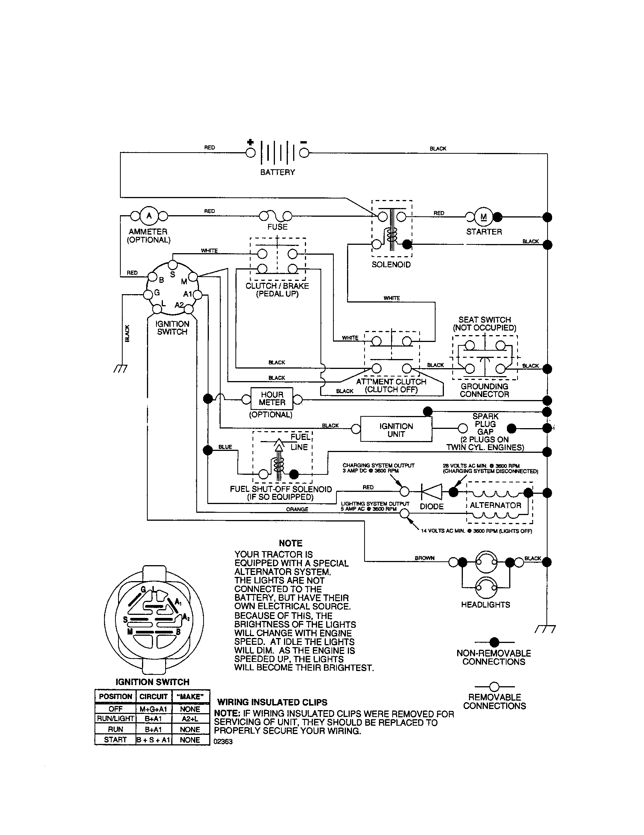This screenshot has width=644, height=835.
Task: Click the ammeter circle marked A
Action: [x=149, y=216]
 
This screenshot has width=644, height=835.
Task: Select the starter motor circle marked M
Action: [x=483, y=217]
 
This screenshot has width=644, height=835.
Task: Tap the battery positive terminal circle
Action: [x=250, y=153]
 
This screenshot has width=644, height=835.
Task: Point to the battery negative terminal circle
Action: [x=304, y=153]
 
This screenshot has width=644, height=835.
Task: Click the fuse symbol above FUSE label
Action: [x=275, y=217]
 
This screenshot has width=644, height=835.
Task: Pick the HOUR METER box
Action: [x=272, y=399]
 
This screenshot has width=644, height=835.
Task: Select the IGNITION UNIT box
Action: [x=396, y=430]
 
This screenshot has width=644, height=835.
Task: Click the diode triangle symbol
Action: [x=431, y=492]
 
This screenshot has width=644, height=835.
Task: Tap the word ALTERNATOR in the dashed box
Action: [x=495, y=505]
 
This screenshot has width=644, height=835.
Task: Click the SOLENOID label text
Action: [x=391, y=265]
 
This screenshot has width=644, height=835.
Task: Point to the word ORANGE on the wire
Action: [x=297, y=509]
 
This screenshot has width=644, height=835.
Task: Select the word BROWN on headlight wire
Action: [x=425, y=558]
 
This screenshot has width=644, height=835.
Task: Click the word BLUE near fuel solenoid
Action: [x=225, y=447]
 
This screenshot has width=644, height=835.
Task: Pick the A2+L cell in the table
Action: [x=190, y=718]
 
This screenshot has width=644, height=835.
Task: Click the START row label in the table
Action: [x=115, y=739]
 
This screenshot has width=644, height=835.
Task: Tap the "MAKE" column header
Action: [x=190, y=696]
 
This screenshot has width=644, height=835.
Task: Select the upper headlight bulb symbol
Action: [x=486, y=562]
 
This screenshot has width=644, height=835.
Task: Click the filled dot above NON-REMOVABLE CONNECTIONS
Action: [x=494, y=642]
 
